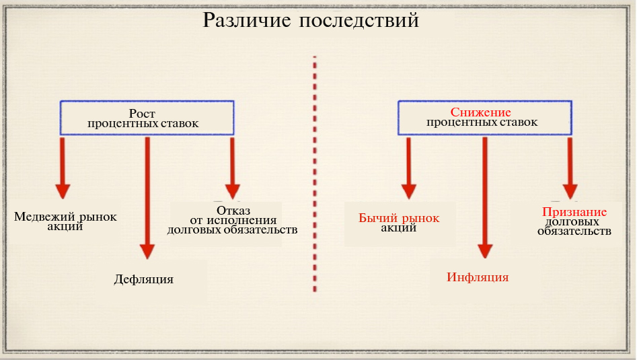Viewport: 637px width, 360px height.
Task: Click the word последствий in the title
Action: click(359, 21)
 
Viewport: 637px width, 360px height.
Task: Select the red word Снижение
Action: click(481, 112)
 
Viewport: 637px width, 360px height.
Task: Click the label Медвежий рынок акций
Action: click(65, 221)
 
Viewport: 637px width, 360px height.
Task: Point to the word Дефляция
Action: click(144, 279)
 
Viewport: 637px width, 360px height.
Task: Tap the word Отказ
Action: click(233, 209)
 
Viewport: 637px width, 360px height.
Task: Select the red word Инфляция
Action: click(478, 277)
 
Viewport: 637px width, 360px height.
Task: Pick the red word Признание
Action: click(574, 212)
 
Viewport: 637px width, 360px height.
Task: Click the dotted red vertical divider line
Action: click(315, 175)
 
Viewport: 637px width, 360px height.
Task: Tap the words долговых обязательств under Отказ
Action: click(233, 230)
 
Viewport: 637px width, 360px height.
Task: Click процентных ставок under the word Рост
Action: click(143, 124)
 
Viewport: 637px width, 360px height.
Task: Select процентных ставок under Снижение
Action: click(482, 122)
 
